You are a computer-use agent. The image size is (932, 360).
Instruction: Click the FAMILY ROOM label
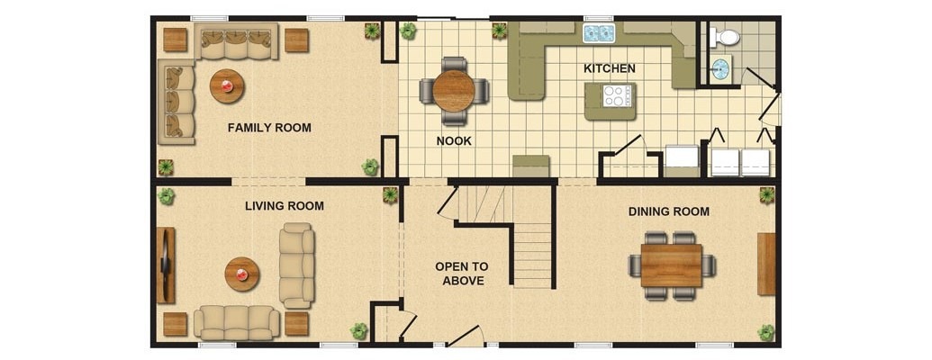(x=269, y=128)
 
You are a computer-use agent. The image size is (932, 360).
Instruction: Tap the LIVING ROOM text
(x=285, y=206)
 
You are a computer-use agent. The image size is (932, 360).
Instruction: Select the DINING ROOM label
(x=669, y=211)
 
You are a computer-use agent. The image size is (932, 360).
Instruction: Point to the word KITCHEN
(x=610, y=68)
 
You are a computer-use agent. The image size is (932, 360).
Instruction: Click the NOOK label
(x=454, y=141)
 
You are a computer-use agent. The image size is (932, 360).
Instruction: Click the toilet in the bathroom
(x=725, y=38)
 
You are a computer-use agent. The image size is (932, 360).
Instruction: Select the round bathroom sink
(x=720, y=69)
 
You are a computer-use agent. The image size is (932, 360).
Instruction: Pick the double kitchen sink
(x=599, y=32)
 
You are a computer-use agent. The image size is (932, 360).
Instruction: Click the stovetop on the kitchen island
(x=616, y=96)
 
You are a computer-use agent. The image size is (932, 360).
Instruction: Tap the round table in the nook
(x=454, y=91)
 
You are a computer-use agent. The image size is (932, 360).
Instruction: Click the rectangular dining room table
(x=672, y=265)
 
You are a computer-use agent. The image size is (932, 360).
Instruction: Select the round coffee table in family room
(x=226, y=86)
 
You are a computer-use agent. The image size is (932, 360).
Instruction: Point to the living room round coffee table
(x=242, y=274)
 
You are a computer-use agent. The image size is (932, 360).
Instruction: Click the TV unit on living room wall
(x=166, y=265)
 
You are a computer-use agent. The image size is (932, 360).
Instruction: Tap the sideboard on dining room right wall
(x=766, y=264)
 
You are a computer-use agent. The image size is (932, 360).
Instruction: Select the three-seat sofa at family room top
(x=237, y=41)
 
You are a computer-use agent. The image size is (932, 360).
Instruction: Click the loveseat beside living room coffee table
(x=297, y=265)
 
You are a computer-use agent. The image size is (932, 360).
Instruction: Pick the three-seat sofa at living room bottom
(x=237, y=322)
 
